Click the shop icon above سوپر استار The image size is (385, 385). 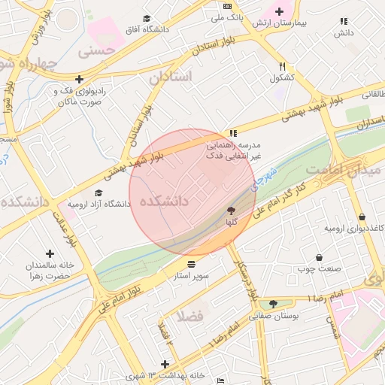click(192, 265)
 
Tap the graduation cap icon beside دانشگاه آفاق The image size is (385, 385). click(147, 19)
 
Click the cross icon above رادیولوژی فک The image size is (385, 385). click(79, 78)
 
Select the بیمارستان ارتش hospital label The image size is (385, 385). click(280, 23)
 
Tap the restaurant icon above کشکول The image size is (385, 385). click(282, 66)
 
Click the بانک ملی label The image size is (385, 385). click(227, 17)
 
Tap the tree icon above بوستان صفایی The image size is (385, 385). click(273, 304)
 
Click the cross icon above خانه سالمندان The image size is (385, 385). click(50, 253)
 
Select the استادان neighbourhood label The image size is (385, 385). click(171, 77)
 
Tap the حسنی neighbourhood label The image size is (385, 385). click(99, 53)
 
